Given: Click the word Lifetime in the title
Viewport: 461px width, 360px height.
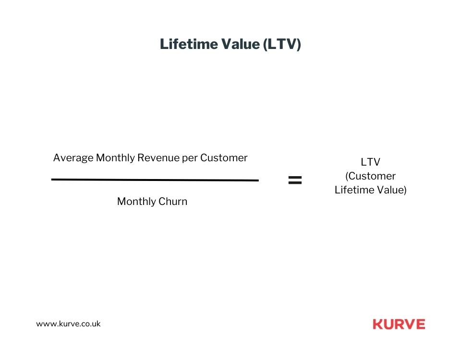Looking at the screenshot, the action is (x=189, y=44).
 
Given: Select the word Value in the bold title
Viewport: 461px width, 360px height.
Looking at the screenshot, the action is (x=240, y=44).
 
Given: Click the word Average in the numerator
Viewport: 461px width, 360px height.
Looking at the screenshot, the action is (x=73, y=158).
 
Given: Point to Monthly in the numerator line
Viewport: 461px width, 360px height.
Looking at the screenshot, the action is (x=115, y=158).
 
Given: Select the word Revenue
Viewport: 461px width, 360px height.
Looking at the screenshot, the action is (x=158, y=158).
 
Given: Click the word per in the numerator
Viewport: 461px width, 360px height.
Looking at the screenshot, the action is (x=190, y=159).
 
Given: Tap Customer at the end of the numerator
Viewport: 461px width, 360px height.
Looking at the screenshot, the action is (x=224, y=158).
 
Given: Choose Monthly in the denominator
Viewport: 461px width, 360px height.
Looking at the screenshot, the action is (x=136, y=202).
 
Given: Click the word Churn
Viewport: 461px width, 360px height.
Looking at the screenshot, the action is (x=173, y=201).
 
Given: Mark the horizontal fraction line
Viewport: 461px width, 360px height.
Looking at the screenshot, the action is (x=155, y=180).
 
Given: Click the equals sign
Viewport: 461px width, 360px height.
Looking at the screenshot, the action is (x=295, y=180).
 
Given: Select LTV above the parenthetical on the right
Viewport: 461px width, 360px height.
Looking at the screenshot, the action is (x=370, y=162).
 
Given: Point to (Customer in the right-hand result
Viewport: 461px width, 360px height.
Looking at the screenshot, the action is (x=370, y=176).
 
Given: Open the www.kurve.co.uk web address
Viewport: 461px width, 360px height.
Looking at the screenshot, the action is (x=68, y=324).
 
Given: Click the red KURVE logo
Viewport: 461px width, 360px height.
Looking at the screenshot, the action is (x=399, y=324).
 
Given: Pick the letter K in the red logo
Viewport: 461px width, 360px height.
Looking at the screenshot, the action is (x=377, y=324).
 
